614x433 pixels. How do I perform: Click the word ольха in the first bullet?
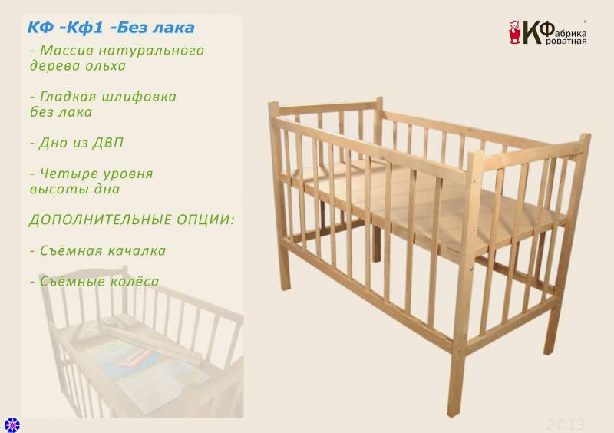coord(106,66)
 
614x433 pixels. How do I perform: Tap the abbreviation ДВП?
coord(107,143)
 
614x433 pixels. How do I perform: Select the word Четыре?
coord(67,174)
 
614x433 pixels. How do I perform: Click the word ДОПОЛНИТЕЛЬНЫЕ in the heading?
coord(101,220)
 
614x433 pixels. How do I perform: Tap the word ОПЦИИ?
coord(205,220)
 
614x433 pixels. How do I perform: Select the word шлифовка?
coord(139,98)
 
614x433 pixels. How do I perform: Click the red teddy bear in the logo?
coord(514,31)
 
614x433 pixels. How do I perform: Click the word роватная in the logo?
coord(566,41)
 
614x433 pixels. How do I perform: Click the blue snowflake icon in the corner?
coord(12,425)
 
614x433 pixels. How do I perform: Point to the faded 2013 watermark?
coord(565,425)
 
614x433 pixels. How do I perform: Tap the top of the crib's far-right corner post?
coord(586,136)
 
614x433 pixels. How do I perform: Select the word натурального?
coord(151,51)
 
